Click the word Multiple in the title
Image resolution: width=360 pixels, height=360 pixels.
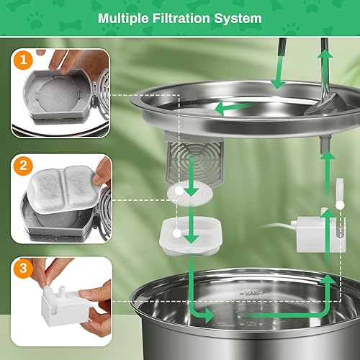[124, 17]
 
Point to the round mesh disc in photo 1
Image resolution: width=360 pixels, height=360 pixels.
[58, 92]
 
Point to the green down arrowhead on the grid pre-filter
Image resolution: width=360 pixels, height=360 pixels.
[192, 189]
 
